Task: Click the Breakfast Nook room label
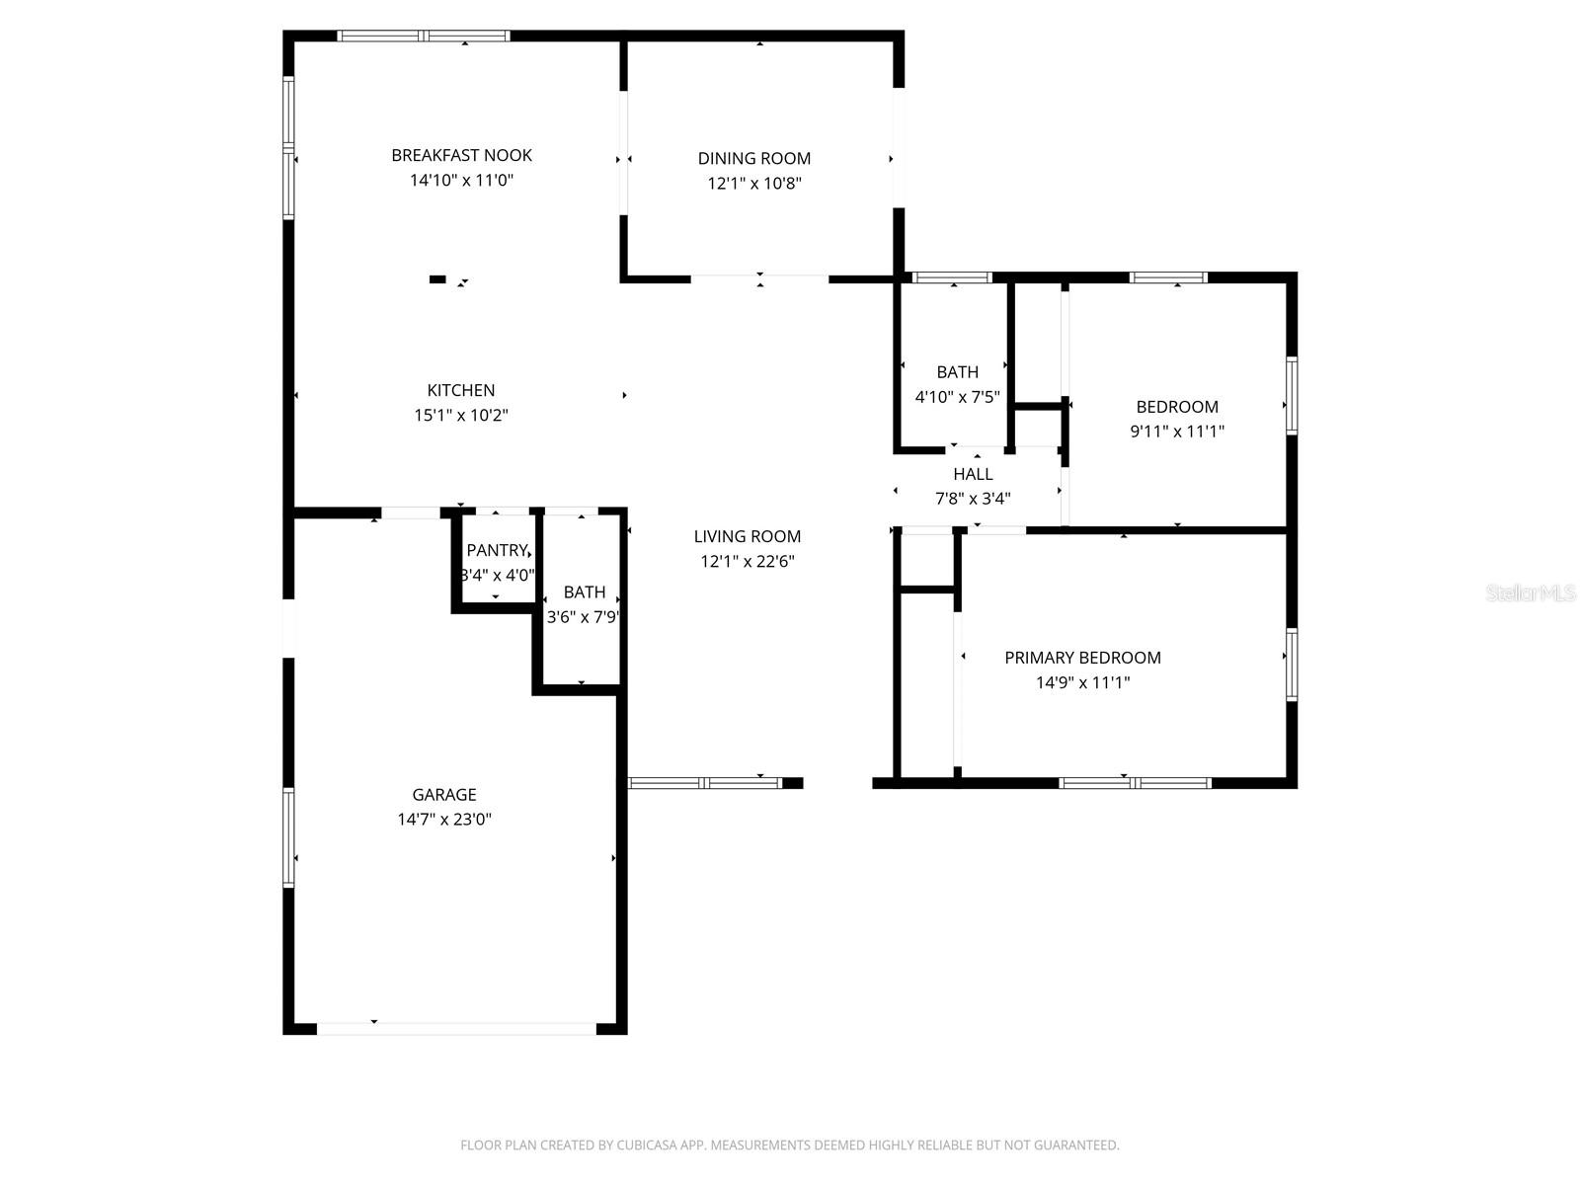point(461,155)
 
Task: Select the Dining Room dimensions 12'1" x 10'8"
point(753,184)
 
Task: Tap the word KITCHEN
point(461,390)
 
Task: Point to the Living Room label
point(747,536)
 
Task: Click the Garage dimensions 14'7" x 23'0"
point(444,820)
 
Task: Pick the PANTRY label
point(497,551)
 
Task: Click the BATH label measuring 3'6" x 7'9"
point(585,592)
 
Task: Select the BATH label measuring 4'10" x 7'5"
point(957,372)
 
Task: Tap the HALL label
point(973,474)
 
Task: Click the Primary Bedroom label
point(1082,658)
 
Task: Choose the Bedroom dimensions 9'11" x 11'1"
point(1177,432)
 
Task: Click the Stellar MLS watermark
point(1531,593)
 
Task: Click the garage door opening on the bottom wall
point(456,1028)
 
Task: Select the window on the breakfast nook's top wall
point(424,37)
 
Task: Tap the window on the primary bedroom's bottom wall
point(1135,783)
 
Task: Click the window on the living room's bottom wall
point(705,783)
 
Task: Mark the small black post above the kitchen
point(437,279)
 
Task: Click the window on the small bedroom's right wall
point(1292,395)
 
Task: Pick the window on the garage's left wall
point(288,837)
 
